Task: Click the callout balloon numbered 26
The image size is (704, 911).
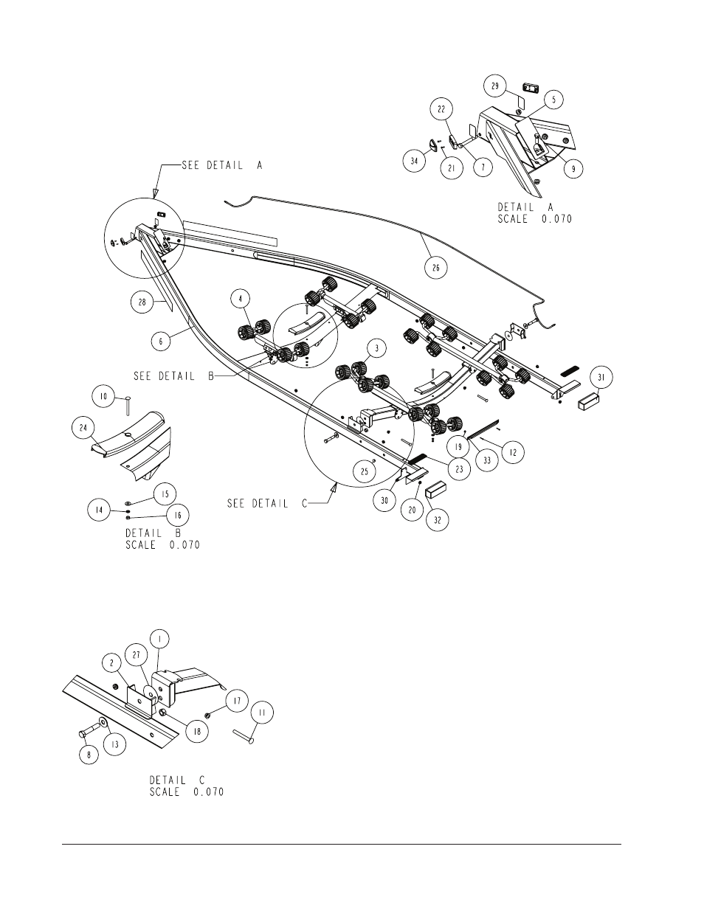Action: (x=435, y=268)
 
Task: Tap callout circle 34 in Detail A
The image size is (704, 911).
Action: (x=414, y=161)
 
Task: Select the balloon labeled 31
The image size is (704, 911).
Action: (x=601, y=378)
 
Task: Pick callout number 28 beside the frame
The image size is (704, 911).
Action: (x=142, y=302)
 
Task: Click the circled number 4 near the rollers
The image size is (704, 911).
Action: (x=241, y=299)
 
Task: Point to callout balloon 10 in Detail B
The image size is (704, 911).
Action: (x=103, y=396)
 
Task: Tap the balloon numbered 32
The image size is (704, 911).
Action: (x=438, y=520)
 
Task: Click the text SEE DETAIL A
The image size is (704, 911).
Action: (x=222, y=165)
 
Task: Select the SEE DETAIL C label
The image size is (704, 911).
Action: (x=268, y=503)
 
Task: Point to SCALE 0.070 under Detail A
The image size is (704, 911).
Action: (x=534, y=218)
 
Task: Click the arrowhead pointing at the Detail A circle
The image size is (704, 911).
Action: (x=156, y=193)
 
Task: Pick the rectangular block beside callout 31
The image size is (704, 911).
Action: (x=589, y=401)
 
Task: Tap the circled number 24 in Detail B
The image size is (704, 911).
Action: (x=83, y=428)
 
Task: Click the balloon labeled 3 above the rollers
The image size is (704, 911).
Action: (x=377, y=348)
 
